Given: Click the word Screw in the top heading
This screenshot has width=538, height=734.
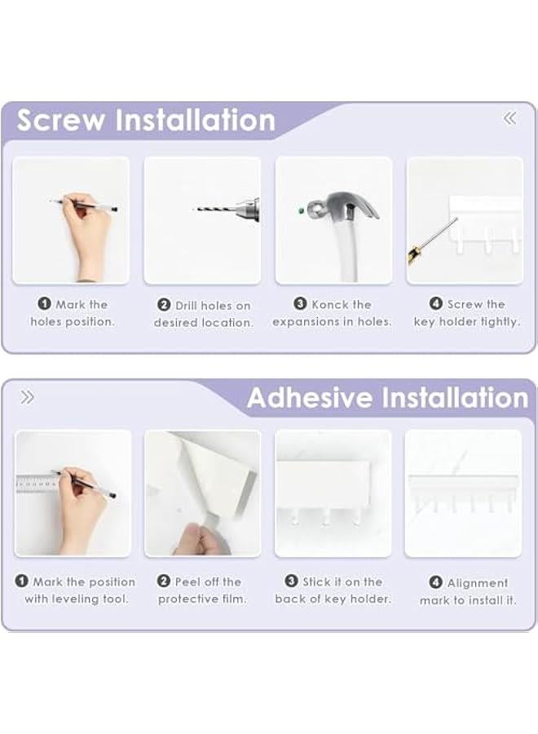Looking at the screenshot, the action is click(x=61, y=121).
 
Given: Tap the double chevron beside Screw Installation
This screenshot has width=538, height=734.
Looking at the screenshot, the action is click(x=509, y=118).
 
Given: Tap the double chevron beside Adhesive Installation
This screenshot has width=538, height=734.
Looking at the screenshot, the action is click(x=27, y=397).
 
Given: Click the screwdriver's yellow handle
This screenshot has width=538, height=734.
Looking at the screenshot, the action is click(x=413, y=254).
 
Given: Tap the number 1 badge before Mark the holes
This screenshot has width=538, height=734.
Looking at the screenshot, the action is click(x=44, y=304).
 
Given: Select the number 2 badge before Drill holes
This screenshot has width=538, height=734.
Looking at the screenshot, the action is click(x=164, y=305).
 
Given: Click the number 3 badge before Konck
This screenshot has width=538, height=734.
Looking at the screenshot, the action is click(x=300, y=304).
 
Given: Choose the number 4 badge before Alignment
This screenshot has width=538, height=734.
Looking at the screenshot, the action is click(x=435, y=582).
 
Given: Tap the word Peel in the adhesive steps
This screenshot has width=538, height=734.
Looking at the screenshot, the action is click(x=188, y=581).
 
